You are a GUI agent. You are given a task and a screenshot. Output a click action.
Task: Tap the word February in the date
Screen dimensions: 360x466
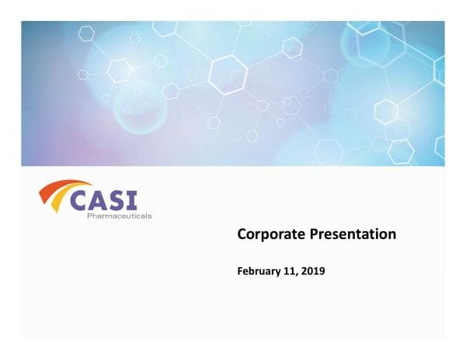pos(260,272)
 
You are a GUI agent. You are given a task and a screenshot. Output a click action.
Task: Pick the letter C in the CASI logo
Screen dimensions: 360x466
pos(82,200)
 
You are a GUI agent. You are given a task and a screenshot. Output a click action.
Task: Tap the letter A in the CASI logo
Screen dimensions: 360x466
pos(103,200)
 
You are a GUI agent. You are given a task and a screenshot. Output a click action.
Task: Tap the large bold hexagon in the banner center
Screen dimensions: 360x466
pos(228,75)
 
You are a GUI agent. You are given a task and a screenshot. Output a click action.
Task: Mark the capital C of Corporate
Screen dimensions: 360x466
pos(242,234)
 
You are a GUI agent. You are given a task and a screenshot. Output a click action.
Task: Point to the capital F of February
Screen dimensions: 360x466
pos(239,272)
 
